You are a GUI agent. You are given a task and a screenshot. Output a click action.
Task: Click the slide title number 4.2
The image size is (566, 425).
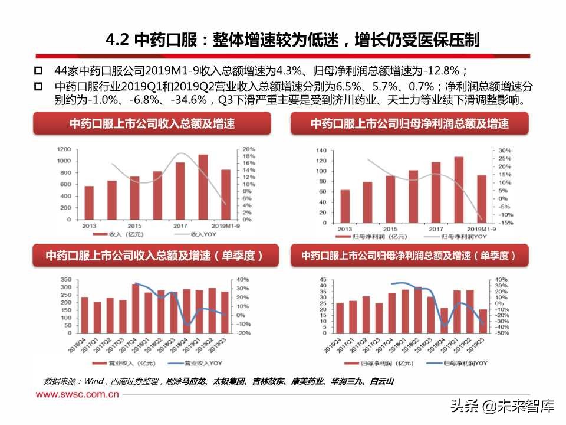tap(118, 40)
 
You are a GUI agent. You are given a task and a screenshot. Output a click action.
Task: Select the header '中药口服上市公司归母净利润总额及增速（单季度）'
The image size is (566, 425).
tap(409, 256)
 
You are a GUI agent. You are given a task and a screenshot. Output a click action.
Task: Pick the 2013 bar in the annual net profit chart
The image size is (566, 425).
tap(345, 207)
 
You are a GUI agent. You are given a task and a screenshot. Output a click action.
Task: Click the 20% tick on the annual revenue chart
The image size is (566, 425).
tap(249, 149)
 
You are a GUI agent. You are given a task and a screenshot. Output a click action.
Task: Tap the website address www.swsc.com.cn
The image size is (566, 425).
tap(75, 394)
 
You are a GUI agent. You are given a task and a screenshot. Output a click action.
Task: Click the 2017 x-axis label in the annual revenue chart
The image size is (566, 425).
tap(180, 226)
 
